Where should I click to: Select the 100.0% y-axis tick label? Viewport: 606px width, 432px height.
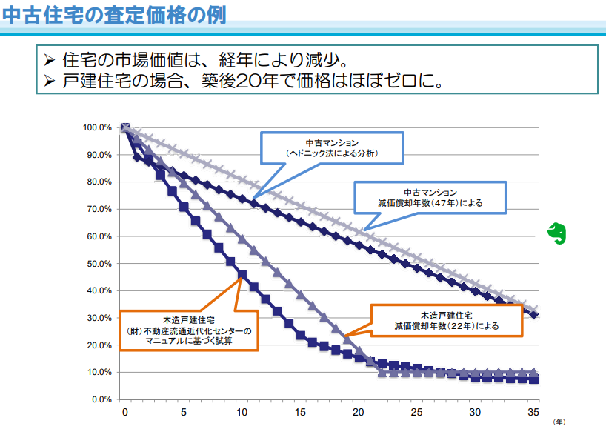pyautogui.click(x=97, y=127)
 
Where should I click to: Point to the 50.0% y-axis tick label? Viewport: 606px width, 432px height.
pyautogui.click(x=99, y=264)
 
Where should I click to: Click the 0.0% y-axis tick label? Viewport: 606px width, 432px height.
pyautogui.click(x=101, y=399)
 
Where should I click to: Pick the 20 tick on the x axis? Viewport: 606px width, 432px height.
pyautogui.click(x=358, y=413)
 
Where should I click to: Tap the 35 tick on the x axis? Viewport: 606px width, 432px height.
pyautogui.click(x=533, y=413)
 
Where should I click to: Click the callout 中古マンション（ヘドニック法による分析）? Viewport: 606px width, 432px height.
pyautogui.click(x=332, y=148)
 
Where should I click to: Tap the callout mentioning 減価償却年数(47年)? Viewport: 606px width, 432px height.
pyautogui.click(x=430, y=196)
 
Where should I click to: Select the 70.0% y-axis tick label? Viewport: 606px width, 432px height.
pyautogui.click(x=99, y=209)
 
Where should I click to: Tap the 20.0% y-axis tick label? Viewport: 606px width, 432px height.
pyautogui.click(x=99, y=345)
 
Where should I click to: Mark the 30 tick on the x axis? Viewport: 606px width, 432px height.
pyautogui.click(x=475, y=413)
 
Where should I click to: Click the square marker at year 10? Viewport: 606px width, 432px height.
pyautogui.click(x=242, y=275)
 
